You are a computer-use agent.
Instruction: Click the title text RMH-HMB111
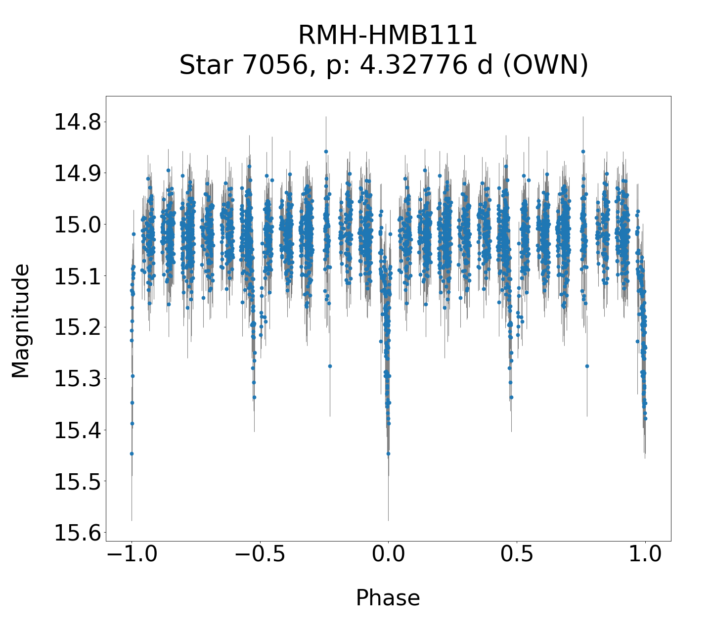click(388, 36)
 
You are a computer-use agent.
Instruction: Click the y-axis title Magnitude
click(21, 321)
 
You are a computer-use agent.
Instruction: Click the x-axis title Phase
click(388, 598)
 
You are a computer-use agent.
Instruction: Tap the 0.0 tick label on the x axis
click(388, 554)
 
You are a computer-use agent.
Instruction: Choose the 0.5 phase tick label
click(517, 554)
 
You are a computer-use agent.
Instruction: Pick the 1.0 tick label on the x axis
click(645, 554)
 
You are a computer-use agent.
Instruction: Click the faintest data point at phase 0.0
click(388, 453)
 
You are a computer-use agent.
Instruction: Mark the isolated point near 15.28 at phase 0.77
click(587, 366)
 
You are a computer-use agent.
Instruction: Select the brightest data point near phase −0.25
click(326, 151)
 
